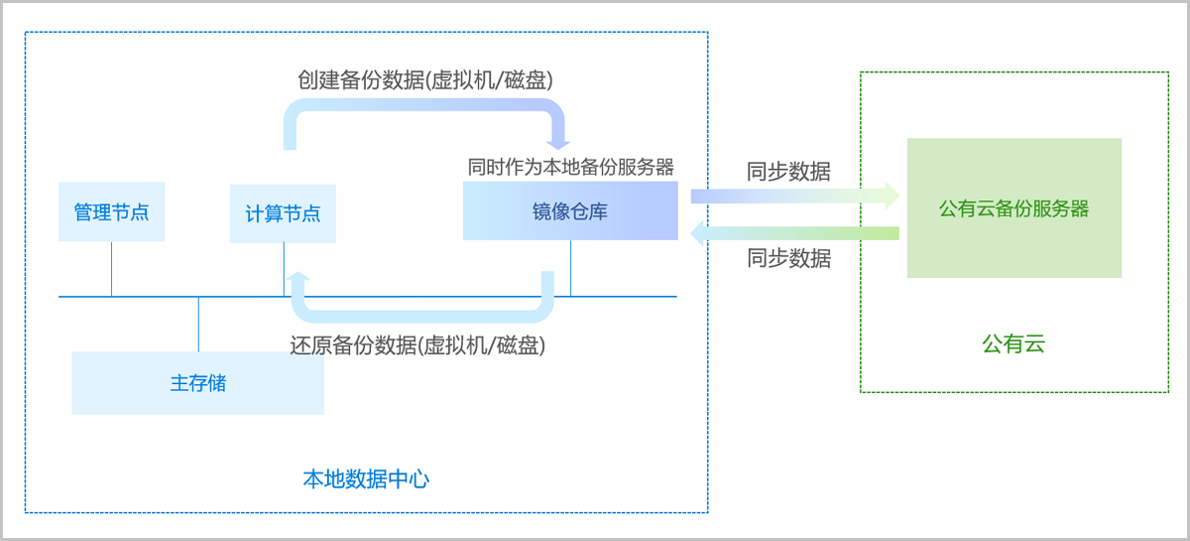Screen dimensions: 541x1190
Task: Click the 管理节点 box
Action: pos(111,211)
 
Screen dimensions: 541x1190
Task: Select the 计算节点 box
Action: pos(283,212)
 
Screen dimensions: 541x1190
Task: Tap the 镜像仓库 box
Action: pos(570,210)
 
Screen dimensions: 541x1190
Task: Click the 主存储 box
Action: pos(197,382)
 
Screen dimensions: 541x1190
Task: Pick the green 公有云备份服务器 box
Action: pos(1013,207)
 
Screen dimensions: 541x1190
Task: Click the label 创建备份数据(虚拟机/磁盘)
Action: pos(425,79)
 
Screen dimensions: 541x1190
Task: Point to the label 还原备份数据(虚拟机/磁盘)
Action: pos(417,345)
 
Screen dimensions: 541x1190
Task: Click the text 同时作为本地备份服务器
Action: pos(571,166)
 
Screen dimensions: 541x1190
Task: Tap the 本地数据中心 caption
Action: pos(366,478)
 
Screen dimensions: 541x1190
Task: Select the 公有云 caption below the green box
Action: pos(1013,343)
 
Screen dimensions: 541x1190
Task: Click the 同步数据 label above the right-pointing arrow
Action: pos(788,171)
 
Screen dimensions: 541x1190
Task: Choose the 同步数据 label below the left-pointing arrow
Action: pos(788,258)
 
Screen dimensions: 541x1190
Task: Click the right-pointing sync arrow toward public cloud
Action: pos(793,196)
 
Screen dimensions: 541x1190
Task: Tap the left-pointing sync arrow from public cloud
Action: pos(793,234)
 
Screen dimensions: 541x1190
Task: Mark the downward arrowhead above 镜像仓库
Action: pos(558,141)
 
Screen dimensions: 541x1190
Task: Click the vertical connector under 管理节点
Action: pos(111,269)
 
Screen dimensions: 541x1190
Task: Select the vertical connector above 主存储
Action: pos(198,324)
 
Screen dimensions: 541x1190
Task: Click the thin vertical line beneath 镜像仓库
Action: pos(570,268)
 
